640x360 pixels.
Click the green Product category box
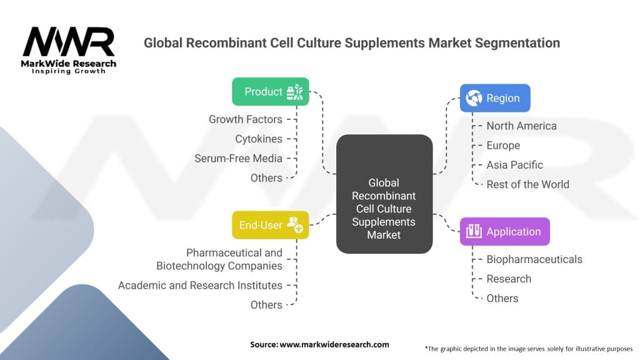pyautogui.click(x=270, y=91)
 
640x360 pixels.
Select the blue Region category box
pyautogui.click(x=495, y=98)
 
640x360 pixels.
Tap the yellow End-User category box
pyautogui.click(x=270, y=225)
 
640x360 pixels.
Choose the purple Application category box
pyautogui.click(x=504, y=231)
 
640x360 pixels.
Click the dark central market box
pyautogui.click(x=384, y=194)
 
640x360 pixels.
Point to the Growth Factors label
pyautogui.click(x=245, y=119)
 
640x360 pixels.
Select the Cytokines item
pyautogui.click(x=258, y=139)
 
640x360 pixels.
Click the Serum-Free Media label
pyautogui.click(x=238, y=158)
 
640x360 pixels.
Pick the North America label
pyautogui.click(x=521, y=126)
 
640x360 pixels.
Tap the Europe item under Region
pyautogui.click(x=503, y=145)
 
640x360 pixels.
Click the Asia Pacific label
pyautogui.click(x=514, y=165)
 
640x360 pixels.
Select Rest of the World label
pyautogui.click(x=527, y=184)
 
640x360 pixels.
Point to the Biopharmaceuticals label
pyautogui.click(x=534, y=259)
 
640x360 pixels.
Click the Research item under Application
pyautogui.click(x=509, y=279)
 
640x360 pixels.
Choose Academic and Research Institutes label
pyautogui.click(x=200, y=285)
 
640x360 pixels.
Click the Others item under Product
pyautogui.click(x=266, y=178)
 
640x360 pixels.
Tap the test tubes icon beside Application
pyautogui.click(x=474, y=231)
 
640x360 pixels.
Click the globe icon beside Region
pyautogui.click(x=474, y=98)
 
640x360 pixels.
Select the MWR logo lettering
pyautogui.click(x=69, y=42)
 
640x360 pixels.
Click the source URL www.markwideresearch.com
pyautogui.click(x=334, y=344)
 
